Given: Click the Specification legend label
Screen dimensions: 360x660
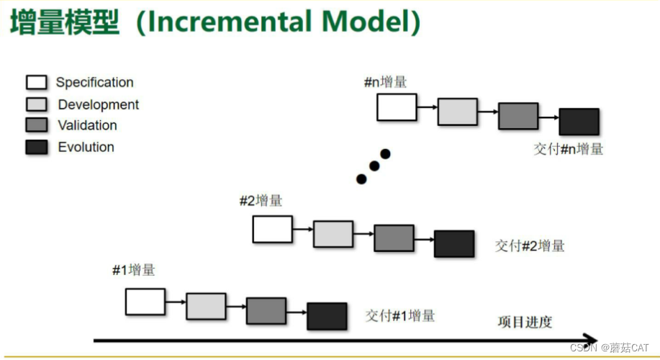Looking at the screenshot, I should (94, 83).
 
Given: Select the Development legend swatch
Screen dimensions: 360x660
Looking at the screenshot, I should (37, 104).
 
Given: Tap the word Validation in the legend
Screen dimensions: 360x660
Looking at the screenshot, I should (87, 125).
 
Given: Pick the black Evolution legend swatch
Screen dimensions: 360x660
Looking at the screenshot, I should (37, 147).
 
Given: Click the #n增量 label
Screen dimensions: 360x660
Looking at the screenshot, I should (385, 82).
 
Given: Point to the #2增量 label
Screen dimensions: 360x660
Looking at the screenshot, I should (261, 201).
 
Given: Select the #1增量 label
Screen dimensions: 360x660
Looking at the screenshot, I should (133, 271).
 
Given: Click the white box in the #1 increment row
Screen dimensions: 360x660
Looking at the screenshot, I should (145, 302).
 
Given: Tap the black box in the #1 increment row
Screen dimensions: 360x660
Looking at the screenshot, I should (327, 316).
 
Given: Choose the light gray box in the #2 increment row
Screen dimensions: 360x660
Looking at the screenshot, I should (333, 234).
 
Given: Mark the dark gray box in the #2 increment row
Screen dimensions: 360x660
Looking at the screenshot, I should (394, 238).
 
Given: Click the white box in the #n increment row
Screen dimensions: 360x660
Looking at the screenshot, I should (397, 107).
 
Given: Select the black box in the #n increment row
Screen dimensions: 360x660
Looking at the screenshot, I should (579, 122).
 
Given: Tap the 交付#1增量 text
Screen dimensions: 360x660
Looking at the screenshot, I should (399, 315).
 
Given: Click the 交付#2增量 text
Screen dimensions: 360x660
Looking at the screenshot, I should (530, 246).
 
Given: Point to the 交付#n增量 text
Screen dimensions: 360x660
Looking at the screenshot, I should (569, 150).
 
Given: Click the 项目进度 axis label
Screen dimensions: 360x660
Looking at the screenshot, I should (525, 321).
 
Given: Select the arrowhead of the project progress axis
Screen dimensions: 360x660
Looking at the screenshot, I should (590, 339).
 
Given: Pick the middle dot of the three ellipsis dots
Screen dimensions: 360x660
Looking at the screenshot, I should (374, 166).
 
